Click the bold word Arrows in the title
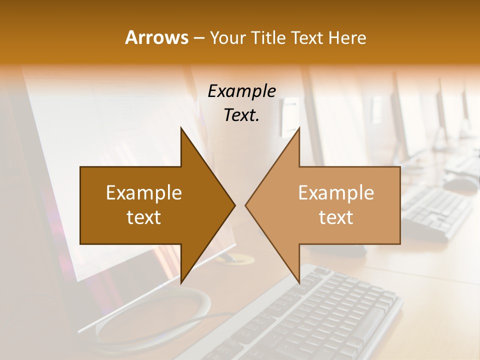click(x=156, y=37)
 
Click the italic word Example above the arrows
click(x=241, y=91)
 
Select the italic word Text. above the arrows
click(x=241, y=115)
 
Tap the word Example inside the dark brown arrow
click(x=144, y=193)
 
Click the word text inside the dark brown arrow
click(x=144, y=217)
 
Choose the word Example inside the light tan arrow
click(x=336, y=193)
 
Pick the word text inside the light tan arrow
click(x=336, y=217)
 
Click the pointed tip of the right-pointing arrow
click(x=234, y=205)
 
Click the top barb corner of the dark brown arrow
click(x=181, y=128)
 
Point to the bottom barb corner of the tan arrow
click(x=299, y=282)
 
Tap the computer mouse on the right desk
click(x=460, y=183)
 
